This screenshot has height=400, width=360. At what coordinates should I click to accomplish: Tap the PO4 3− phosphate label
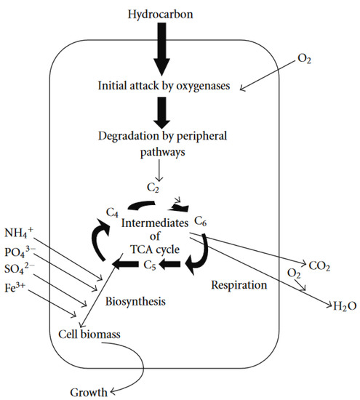20,254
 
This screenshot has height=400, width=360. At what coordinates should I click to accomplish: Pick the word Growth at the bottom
87,391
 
